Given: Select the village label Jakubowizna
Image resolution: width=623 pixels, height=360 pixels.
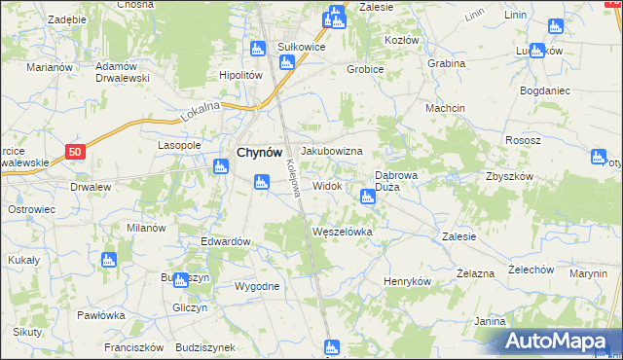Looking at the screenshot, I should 332,152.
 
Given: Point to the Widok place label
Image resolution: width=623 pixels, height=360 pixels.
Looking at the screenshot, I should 326,185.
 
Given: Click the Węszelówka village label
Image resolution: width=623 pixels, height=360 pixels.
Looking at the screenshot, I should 342,232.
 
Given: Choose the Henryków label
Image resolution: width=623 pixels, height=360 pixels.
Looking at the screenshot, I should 407,280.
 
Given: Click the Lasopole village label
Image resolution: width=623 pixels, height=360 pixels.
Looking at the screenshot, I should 179,145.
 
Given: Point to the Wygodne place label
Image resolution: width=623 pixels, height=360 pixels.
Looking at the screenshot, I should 257,286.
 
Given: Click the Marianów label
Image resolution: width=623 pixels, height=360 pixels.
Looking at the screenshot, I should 51,67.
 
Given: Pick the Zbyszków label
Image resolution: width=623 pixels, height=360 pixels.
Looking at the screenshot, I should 509,176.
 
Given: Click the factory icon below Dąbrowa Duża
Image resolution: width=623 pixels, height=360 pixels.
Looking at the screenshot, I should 367,198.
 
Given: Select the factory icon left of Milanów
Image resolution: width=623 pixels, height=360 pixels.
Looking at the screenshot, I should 108,261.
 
